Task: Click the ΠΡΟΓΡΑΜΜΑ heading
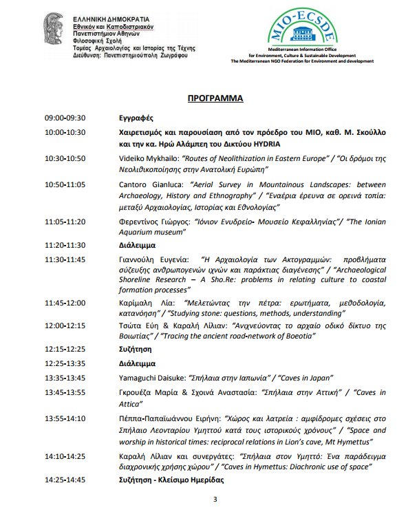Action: pos(215,99)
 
